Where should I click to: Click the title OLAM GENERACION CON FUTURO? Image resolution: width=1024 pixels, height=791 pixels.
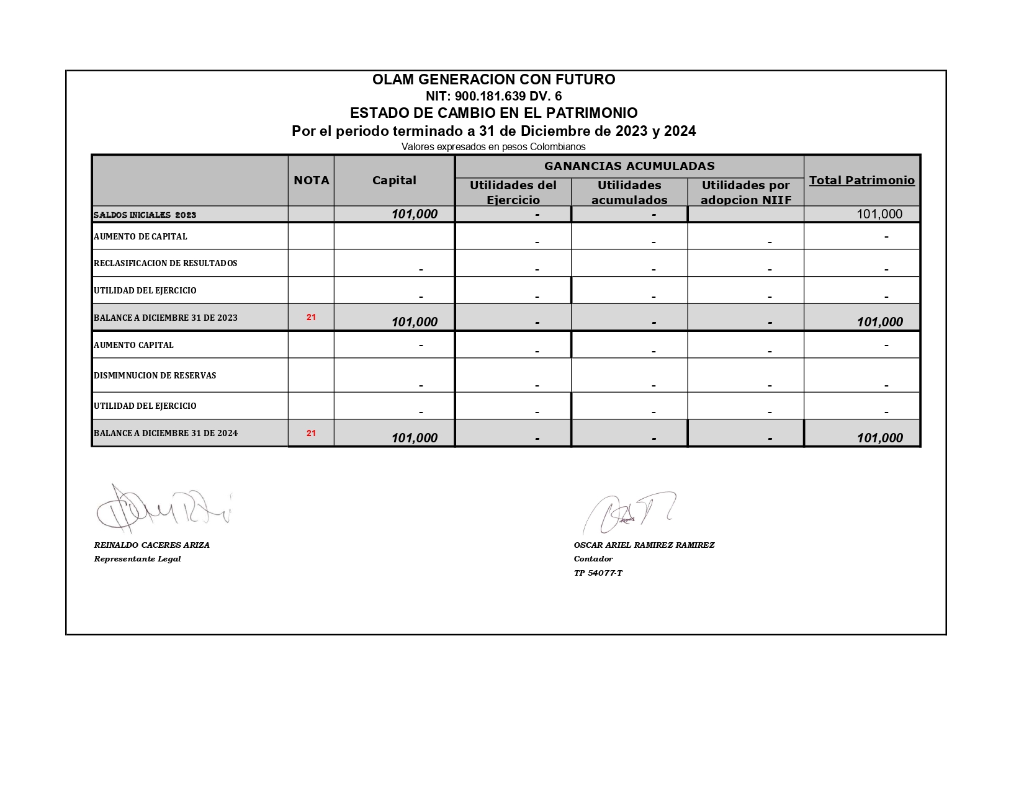click(493, 79)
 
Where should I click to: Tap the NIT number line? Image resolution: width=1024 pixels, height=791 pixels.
click(493, 96)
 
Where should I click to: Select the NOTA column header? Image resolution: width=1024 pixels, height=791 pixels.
click(311, 181)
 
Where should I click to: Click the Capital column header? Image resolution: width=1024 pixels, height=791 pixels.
click(394, 181)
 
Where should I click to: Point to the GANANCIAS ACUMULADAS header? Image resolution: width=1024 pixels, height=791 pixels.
click(629, 166)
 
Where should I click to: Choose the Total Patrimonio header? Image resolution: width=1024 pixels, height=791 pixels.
click(861, 181)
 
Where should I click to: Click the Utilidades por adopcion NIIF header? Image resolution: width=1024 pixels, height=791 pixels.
click(745, 192)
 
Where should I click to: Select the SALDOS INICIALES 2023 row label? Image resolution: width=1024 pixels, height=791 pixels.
click(145, 215)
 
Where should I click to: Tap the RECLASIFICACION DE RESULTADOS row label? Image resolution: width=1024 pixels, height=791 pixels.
click(165, 263)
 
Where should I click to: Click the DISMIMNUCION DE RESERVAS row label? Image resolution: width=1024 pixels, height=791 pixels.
click(155, 375)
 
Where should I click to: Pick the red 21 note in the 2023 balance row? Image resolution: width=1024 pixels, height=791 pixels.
click(311, 317)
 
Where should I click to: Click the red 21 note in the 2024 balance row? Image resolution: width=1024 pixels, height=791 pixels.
click(311, 433)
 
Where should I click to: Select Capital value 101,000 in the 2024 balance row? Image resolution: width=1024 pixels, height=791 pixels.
click(414, 438)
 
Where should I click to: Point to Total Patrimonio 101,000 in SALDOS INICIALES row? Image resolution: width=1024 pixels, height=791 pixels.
click(879, 214)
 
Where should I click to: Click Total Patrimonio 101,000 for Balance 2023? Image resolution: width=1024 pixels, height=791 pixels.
click(879, 322)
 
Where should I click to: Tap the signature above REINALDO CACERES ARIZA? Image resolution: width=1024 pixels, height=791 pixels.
click(163, 509)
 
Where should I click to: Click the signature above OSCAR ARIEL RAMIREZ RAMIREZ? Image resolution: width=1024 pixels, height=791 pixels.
click(627, 512)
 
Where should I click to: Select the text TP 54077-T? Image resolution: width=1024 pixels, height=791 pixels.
click(598, 573)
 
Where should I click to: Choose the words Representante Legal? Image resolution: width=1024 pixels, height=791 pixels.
click(137, 558)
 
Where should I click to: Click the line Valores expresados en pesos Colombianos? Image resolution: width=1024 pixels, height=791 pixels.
click(493, 147)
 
